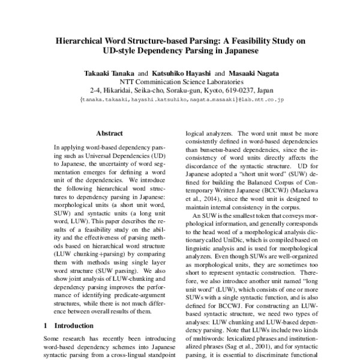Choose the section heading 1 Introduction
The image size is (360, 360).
pos(71,326)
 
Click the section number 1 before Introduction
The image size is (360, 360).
pos(46,326)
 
